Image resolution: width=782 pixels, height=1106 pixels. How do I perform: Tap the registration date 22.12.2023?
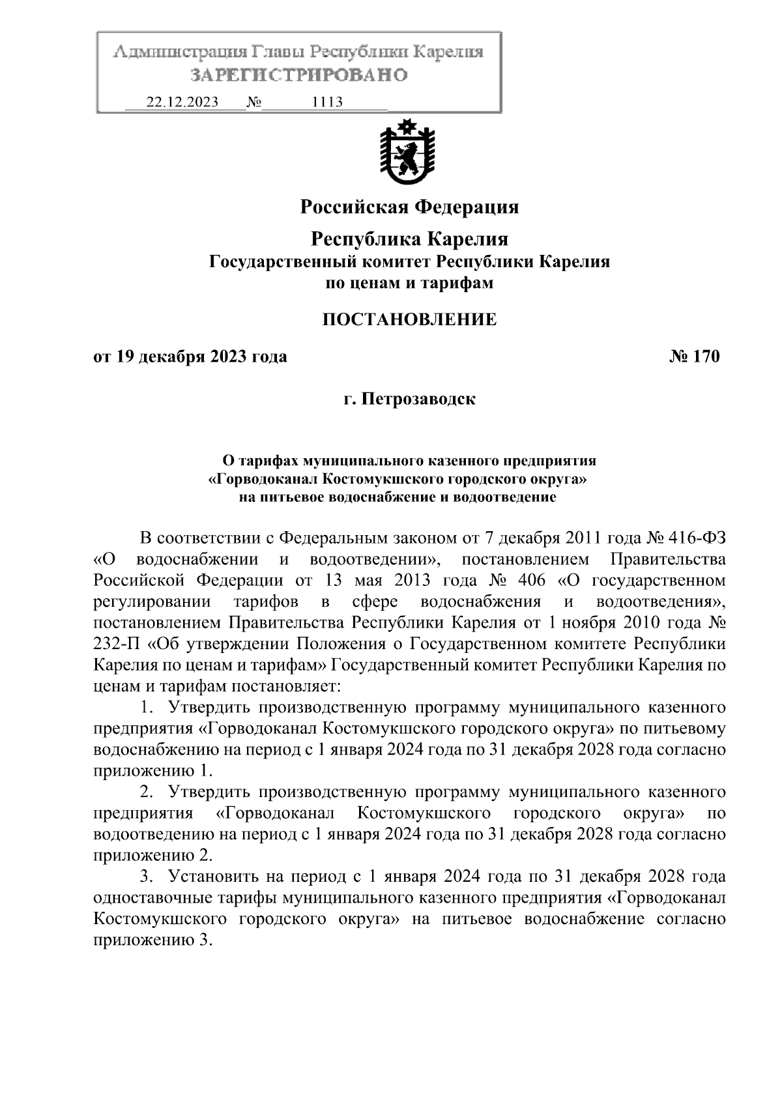pyautogui.click(x=182, y=102)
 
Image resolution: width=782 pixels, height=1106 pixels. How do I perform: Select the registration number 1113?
pyautogui.click(x=328, y=102)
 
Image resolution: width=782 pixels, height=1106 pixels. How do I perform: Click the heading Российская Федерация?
pyautogui.click(x=409, y=207)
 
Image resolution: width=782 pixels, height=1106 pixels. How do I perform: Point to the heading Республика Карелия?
pyautogui.click(x=409, y=239)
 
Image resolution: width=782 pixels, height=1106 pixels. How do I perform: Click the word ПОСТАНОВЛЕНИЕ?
pyautogui.click(x=409, y=319)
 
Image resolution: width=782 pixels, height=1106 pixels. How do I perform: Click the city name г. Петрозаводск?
pyautogui.click(x=409, y=398)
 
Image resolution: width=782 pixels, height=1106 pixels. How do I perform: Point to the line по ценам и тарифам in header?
pyautogui.click(x=409, y=283)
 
